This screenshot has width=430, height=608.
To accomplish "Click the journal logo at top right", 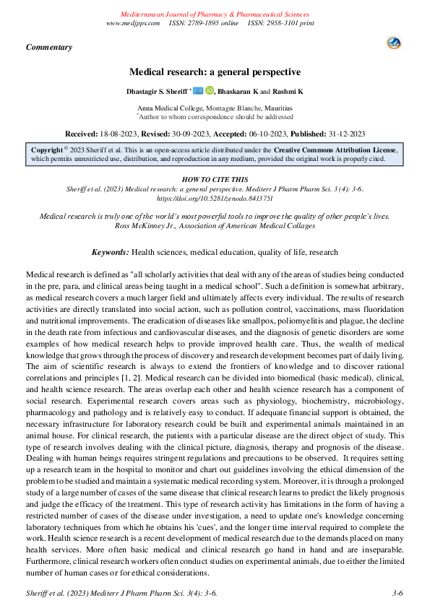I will pyautogui.click(x=395, y=43).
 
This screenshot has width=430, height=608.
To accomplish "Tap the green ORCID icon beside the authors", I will pyautogui.click(x=210, y=91).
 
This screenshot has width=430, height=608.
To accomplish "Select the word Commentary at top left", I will pyautogui.click(x=49, y=47).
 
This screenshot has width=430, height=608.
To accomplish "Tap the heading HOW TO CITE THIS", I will pyautogui.click(x=214, y=178).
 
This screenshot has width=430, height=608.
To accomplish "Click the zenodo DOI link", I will pyautogui.click(x=215, y=197).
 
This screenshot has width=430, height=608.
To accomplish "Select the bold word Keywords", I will pyautogui.click(x=111, y=252).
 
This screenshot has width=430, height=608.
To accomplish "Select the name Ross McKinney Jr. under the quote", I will pyautogui.click(x=141, y=225).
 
